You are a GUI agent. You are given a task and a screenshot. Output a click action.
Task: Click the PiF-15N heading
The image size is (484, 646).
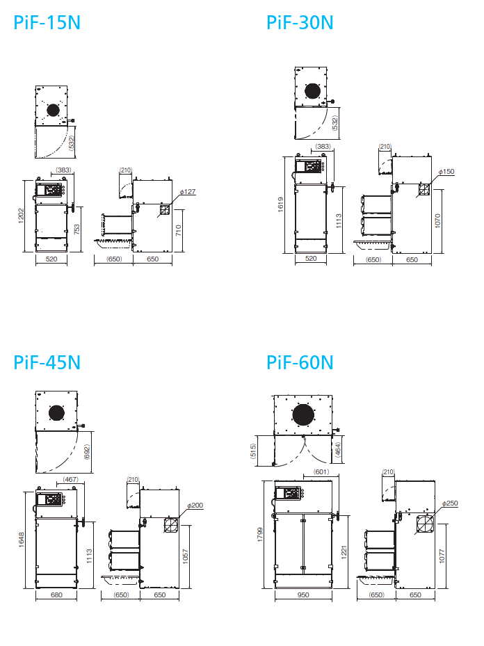pyautogui.click(x=47, y=23)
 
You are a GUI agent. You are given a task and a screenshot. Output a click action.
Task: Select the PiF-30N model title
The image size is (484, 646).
pyautogui.click(x=300, y=23)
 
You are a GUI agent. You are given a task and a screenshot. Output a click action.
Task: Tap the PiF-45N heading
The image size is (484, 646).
pyautogui.click(x=47, y=362)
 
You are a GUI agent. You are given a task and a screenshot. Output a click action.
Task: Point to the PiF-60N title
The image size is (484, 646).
pyautogui.click(x=300, y=362)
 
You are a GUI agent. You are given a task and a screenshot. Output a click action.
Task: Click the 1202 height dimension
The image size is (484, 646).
pyautogui.click(x=21, y=216)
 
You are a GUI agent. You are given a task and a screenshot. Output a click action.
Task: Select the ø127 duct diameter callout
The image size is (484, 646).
pyautogui.click(x=188, y=192)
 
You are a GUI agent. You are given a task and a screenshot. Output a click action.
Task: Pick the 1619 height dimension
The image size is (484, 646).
pyautogui.click(x=280, y=204)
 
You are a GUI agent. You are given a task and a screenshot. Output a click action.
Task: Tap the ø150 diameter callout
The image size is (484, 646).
pyautogui.click(x=446, y=171)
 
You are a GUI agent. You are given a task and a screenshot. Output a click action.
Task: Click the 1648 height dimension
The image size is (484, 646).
pyautogui.click(x=21, y=540)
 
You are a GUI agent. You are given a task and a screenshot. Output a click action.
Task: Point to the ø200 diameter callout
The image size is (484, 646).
pyautogui.click(x=195, y=505)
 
